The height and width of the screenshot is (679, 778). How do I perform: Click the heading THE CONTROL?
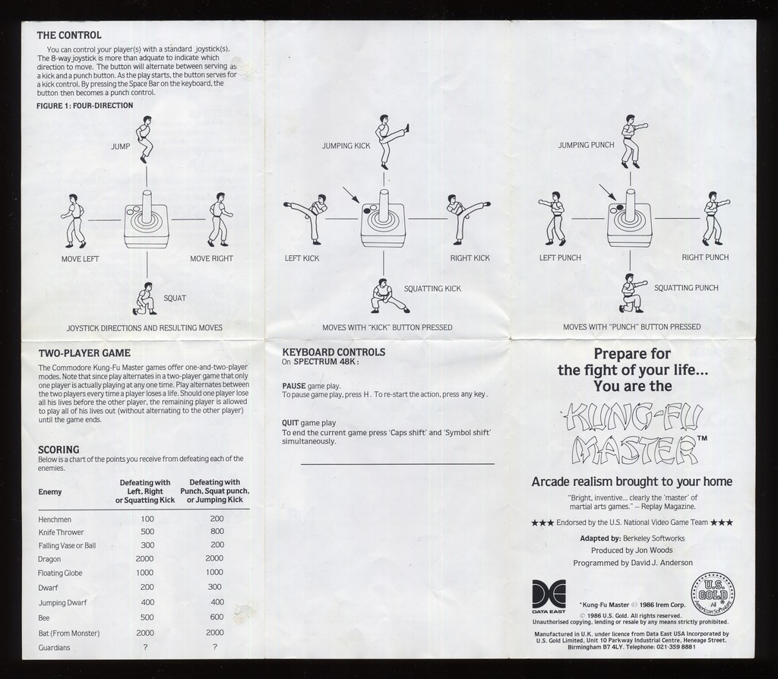[69, 35]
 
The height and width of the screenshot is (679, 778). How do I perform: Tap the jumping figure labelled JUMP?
[144, 139]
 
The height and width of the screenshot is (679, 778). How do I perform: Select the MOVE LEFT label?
[80, 259]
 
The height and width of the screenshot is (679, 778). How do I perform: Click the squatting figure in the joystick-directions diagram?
[144, 298]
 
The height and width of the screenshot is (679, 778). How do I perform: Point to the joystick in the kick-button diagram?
[382, 219]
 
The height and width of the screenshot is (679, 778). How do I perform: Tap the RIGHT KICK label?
[470, 258]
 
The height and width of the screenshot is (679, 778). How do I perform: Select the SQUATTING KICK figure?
[386, 296]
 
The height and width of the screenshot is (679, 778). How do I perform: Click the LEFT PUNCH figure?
[555, 218]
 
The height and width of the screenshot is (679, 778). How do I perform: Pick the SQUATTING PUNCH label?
[686, 288]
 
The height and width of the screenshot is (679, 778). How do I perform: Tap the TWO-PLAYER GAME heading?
[84, 353]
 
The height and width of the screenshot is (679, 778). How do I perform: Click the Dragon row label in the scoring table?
[49, 558]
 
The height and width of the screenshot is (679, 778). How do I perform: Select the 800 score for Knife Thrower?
[217, 532]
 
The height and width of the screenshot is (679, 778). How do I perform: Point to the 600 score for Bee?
[217, 617]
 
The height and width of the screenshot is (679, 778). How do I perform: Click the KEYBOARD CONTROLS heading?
[334, 352]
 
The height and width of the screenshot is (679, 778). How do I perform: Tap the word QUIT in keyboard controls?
[290, 423]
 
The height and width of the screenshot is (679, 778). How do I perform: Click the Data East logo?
[549, 595]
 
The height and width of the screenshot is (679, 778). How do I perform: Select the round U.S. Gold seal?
[712, 593]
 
